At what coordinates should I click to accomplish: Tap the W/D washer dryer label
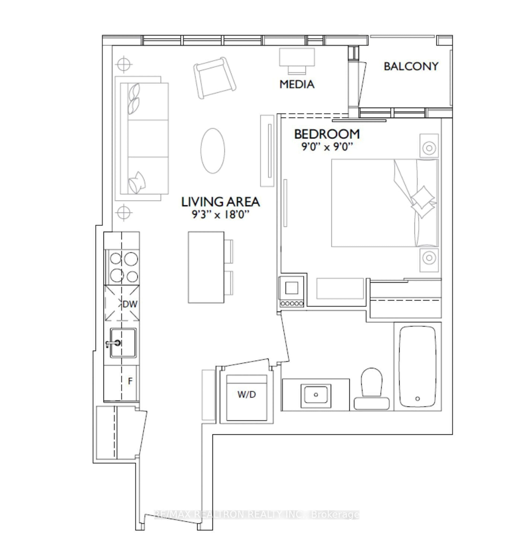247,394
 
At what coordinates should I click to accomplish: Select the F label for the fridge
130,381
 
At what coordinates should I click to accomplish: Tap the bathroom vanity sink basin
316,394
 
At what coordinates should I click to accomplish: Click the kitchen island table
206,267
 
